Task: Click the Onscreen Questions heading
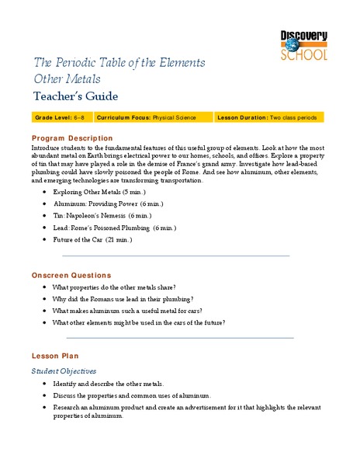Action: click(x=71, y=276)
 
